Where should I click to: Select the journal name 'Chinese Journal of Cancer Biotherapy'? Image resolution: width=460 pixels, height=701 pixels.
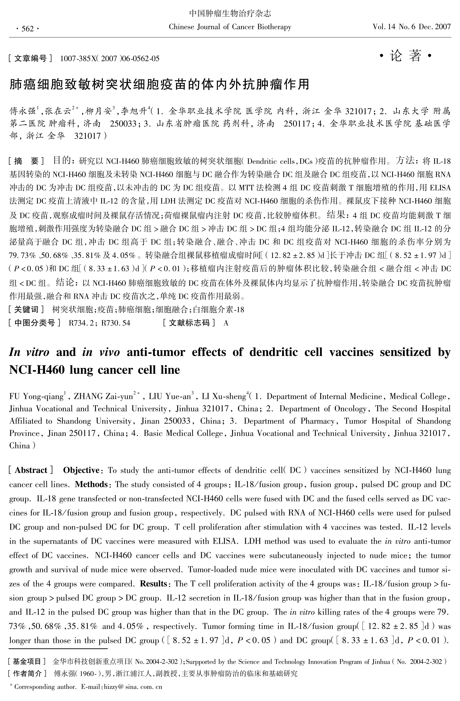click(230, 27)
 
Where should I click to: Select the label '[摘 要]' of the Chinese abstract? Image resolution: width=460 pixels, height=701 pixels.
click(27, 161)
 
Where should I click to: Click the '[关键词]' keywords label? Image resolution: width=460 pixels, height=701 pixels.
click(27, 309)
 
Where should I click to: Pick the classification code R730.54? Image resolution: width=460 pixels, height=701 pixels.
click(116, 323)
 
